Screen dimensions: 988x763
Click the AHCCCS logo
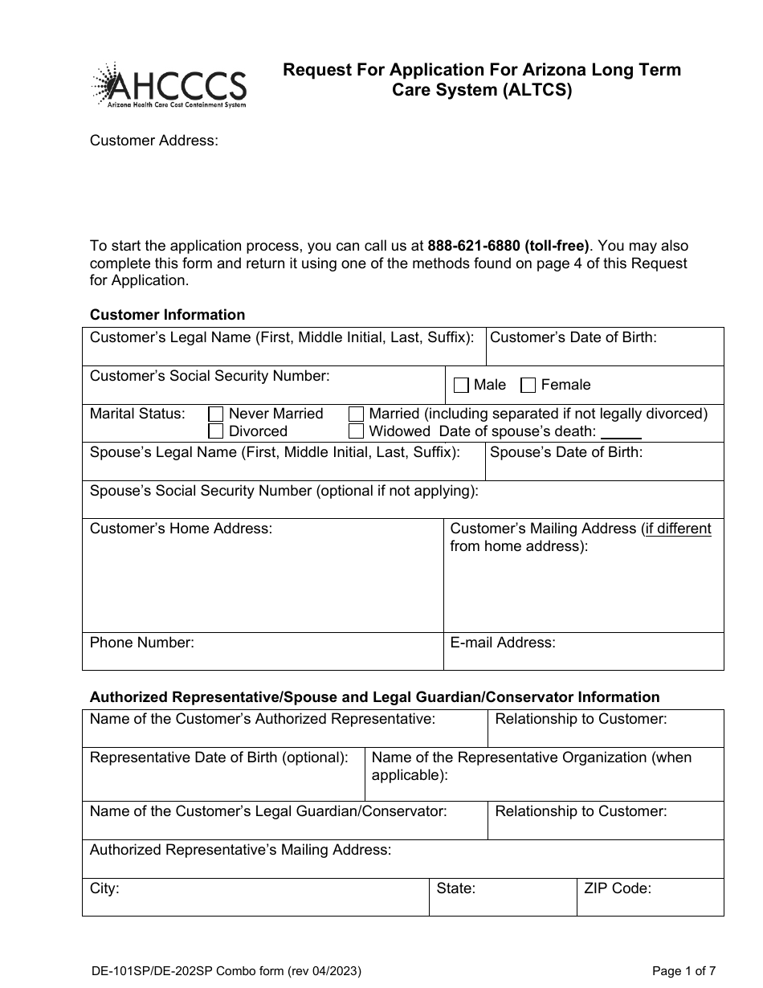click(x=169, y=85)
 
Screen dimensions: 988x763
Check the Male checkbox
click(x=461, y=386)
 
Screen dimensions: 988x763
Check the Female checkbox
click(x=528, y=386)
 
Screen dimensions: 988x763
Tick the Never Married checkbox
click(x=215, y=414)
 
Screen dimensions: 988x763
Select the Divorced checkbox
click(x=215, y=431)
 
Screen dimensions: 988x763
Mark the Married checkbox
click(x=356, y=414)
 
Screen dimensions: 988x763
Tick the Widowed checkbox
click(x=356, y=431)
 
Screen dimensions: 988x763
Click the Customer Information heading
click(x=167, y=315)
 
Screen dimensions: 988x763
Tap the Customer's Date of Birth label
click(x=573, y=337)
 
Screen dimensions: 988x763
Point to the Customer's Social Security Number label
click(x=210, y=375)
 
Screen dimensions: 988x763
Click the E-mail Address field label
click(x=503, y=643)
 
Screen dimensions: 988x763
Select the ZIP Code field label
click(x=618, y=888)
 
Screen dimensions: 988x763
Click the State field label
click(x=455, y=888)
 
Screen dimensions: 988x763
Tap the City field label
click(x=104, y=888)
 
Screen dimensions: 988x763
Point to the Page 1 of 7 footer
click(x=684, y=971)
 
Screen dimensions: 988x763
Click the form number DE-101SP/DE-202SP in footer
click(x=157, y=971)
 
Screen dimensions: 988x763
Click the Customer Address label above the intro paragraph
click(x=153, y=141)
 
